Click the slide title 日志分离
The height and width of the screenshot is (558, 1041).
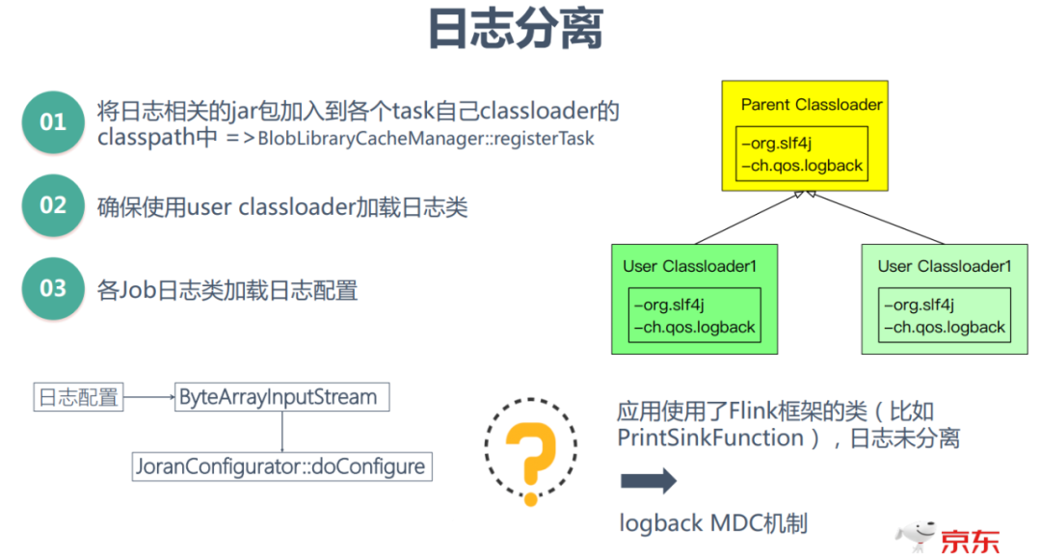(x=515, y=33)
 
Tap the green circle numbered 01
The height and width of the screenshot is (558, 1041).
(x=53, y=122)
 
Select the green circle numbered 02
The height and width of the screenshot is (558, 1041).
(x=53, y=206)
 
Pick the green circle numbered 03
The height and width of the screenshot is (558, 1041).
(x=53, y=289)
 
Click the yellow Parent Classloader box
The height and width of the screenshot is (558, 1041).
(x=805, y=134)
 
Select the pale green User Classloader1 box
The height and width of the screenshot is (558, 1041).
(x=945, y=299)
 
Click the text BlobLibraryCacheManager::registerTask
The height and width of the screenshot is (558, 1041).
(x=425, y=139)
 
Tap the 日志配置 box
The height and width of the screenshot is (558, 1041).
(x=78, y=396)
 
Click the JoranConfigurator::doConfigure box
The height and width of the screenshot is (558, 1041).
(x=280, y=466)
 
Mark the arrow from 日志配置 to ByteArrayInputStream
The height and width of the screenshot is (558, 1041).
(x=148, y=396)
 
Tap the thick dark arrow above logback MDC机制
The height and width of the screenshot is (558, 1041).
(x=648, y=482)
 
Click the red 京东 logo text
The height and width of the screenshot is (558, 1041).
(x=970, y=540)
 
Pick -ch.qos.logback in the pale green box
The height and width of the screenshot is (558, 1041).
(x=948, y=327)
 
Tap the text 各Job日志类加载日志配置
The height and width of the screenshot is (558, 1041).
(x=227, y=290)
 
